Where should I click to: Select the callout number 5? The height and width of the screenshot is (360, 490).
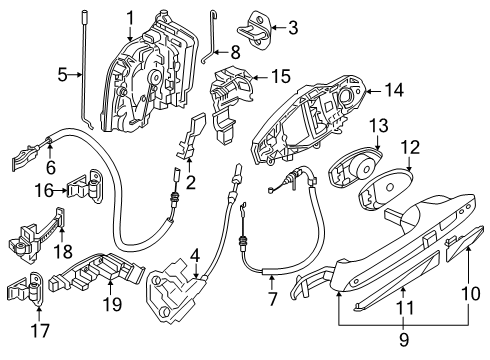(x=62, y=74)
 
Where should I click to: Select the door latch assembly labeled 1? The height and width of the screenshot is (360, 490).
(x=150, y=70)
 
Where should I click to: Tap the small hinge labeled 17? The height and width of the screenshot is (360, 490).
(x=28, y=289)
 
